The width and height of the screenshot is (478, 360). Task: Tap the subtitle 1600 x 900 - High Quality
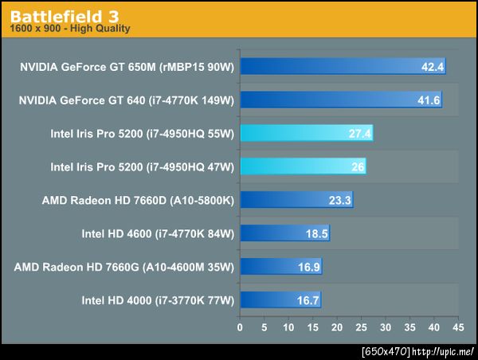pyautogui.click(x=70, y=29)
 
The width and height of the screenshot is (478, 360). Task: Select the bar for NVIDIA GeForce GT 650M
pyautogui.click(x=343, y=66)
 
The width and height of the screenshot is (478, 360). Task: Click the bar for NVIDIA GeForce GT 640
pyautogui.click(x=340, y=100)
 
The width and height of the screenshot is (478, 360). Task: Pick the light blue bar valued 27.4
pyautogui.click(x=306, y=133)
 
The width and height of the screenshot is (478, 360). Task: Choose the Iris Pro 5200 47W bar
pyautogui.click(x=303, y=166)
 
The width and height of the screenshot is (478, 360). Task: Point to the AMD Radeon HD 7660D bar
pyautogui.click(x=296, y=200)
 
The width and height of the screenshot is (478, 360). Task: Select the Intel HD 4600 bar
pyautogui.click(x=284, y=233)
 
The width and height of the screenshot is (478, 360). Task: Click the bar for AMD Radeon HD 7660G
pyautogui.click(x=280, y=267)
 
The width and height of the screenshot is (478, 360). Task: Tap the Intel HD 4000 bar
pyautogui.click(x=280, y=300)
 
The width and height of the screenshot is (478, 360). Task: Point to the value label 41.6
pyautogui.click(x=429, y=100)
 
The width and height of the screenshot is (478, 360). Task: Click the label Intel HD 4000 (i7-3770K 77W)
pyautogui.click(x=158, y=300)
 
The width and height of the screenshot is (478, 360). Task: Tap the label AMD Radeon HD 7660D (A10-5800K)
pyautogui.click(x=138, y=200)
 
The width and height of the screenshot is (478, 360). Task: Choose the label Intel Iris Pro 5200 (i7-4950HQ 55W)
pyautogui.click(x=142, y=133)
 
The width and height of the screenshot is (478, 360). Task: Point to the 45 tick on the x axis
pyautogui.click(x=457, y=327)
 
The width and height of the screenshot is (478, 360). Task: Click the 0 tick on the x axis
pyautogui.click(x=240, y=327)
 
